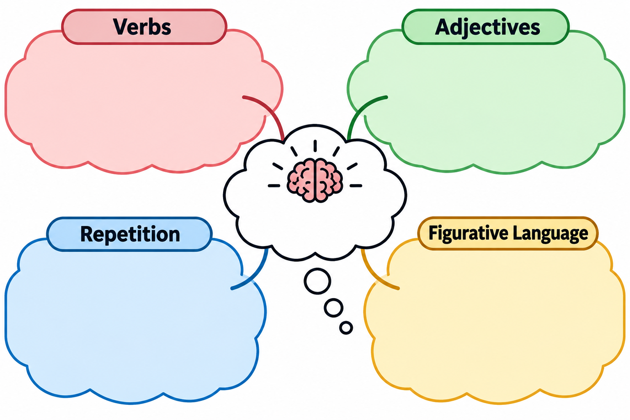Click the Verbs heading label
(x=142, y=27)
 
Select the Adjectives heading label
(x=487, y=27)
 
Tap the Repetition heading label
(x=130, y=234)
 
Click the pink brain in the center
(x=315, y=180)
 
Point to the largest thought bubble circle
(x=317, y=281)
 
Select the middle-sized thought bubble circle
(x=333, y=308)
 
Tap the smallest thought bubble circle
(x=346, y=327)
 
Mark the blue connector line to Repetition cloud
(x=256, y=275)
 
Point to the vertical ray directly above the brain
(x=315, y=146)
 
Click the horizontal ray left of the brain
(x=274, y=186)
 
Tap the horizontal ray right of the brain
(x=356, y=186)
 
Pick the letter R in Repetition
(x=87, y=234)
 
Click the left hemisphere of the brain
(x=300, y=180)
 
